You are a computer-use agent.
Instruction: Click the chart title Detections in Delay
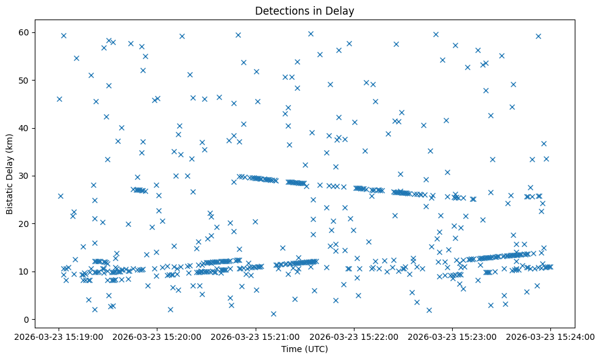pos(304,10)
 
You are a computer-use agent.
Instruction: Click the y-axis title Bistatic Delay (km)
pos(10,166)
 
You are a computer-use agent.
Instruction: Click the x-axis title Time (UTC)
pos(304,349)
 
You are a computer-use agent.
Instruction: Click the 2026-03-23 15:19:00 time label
pos(59,336)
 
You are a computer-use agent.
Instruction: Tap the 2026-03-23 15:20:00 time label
pos(157,336)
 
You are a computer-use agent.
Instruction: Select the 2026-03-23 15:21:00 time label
pos(256,336)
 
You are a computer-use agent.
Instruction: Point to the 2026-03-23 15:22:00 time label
pos(354,336)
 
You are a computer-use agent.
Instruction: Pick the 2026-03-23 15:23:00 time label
pos(452,336)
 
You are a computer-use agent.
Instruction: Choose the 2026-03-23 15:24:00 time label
pos(550,336)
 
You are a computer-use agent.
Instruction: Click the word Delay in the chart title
pos(342,10)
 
